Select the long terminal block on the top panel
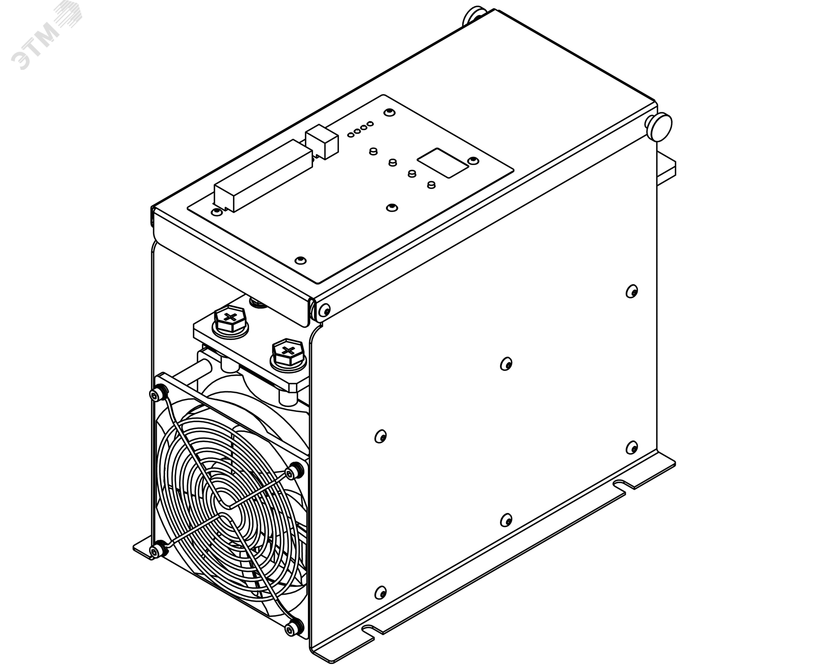coord(263,175)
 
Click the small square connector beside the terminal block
coord(321,141)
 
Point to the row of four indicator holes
coord(360,129)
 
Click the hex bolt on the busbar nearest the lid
coord(230,320)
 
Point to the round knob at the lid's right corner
coord(659,126)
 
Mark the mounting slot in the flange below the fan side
coord(368,640)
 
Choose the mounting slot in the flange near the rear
coord(620,484)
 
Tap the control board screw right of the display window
coord(473,160)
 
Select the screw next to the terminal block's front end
coord(217,212)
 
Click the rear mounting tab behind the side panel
coord(666,168)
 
